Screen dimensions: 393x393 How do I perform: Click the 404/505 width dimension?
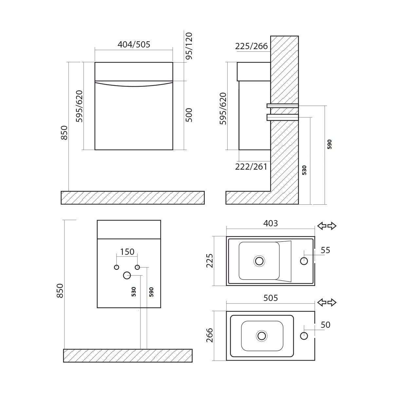134,45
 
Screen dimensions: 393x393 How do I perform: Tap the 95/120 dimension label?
189,46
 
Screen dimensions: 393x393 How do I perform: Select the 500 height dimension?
189,115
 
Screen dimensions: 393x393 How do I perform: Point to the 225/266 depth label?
252,46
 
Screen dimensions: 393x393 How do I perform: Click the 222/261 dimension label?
251,167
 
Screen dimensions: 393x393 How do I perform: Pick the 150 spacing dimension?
127,252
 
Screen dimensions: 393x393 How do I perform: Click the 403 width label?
271,223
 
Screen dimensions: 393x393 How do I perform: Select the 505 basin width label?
271,298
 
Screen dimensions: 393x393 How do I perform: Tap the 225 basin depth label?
210,261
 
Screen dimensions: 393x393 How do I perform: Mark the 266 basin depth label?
210,335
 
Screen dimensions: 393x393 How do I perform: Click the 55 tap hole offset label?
326,251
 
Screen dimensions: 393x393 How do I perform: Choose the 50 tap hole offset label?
326,325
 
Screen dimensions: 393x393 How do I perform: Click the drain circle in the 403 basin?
259,261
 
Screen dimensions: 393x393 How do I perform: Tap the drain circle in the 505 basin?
261,336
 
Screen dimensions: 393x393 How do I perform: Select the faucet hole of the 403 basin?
304,261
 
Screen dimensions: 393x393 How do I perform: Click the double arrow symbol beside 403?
327,226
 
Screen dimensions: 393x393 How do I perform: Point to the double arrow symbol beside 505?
327,302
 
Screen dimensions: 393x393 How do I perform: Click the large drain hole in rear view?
127,275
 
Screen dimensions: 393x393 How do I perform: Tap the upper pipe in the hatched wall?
283,105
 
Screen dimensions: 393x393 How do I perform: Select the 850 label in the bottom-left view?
60,290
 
